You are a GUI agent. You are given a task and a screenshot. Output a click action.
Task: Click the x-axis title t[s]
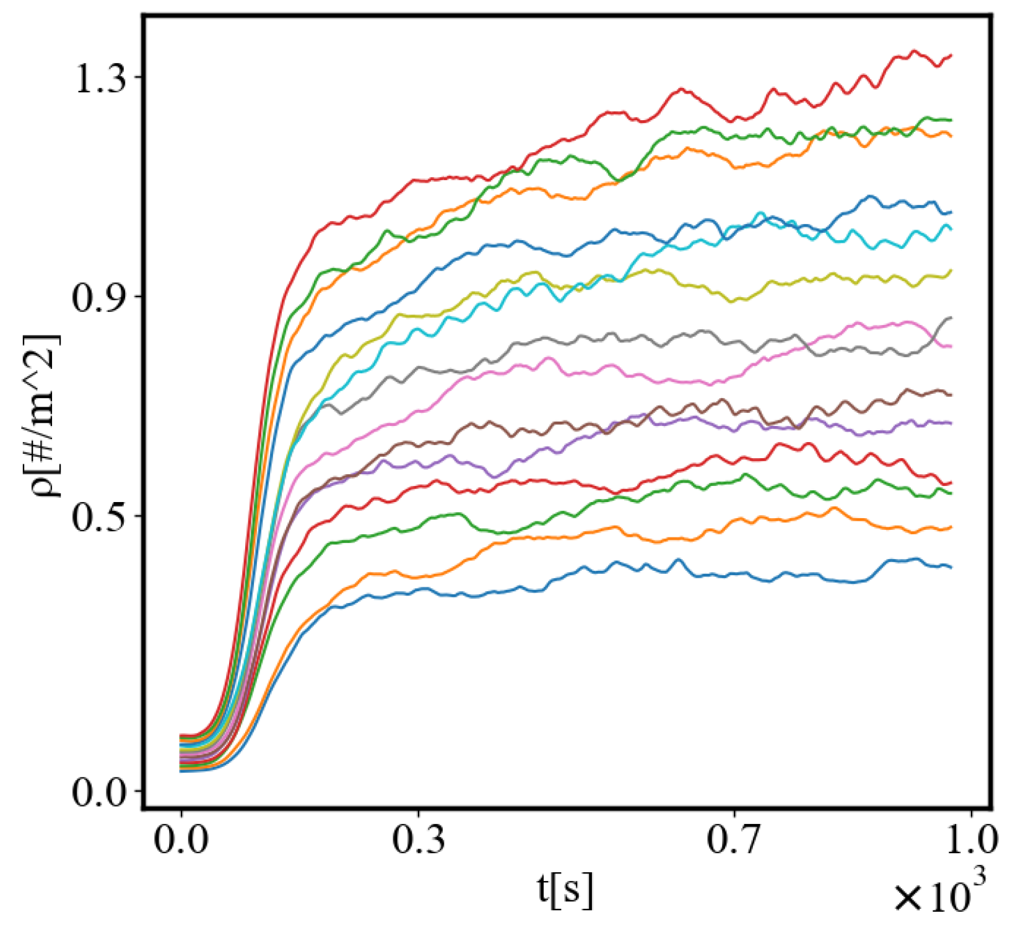[x=565, y=890]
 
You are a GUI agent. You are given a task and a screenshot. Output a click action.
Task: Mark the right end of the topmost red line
[x=951, y=56]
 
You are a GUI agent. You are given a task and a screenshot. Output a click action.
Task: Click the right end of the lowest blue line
[x=951, y=567]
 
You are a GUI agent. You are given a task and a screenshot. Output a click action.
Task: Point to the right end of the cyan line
[x=951, y=230]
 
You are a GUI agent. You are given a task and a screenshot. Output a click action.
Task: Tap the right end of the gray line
[x=951, y=318]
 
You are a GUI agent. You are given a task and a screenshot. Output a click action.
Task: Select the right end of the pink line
[x=951, y=346]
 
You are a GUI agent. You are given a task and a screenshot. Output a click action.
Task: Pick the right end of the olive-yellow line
[x=951, y=271]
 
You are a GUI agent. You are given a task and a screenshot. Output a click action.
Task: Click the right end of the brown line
[x=951, y=395]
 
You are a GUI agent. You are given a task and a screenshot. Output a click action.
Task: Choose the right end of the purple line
[x=951, y=423]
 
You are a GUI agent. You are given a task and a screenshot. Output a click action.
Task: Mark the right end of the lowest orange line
[x=951, y=527]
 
